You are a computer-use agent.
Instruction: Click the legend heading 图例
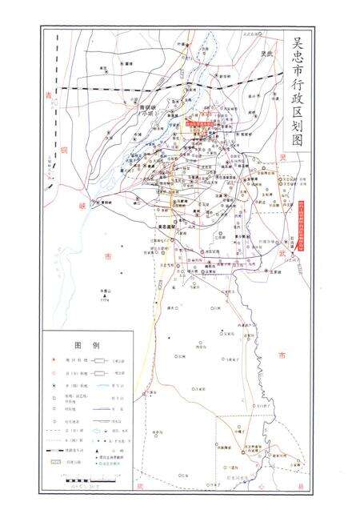point(86,346)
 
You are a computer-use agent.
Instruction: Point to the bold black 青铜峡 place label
point(149,107)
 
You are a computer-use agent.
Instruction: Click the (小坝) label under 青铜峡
point(149,114)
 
